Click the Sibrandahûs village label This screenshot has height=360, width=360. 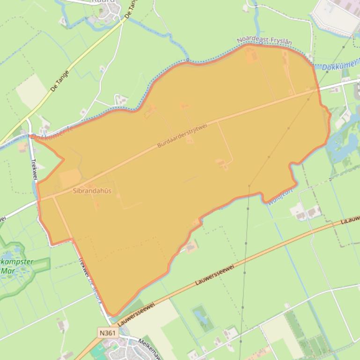click(x=92, y=191)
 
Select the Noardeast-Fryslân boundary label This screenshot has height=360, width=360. click(x=264, y=41)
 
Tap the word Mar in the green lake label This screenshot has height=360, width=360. click(x=8, y=271)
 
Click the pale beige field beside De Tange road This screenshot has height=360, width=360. click(x=31, y=92)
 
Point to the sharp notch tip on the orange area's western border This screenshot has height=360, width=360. click(x=64, y=159)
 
